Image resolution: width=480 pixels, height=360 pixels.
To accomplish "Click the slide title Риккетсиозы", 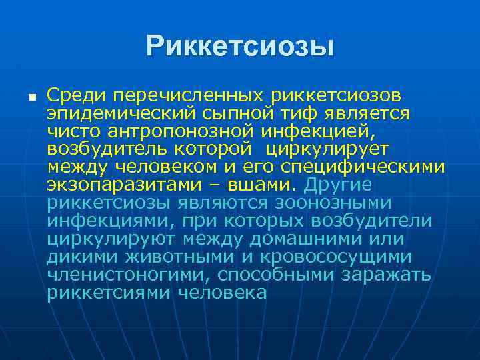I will click(240, 46).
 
